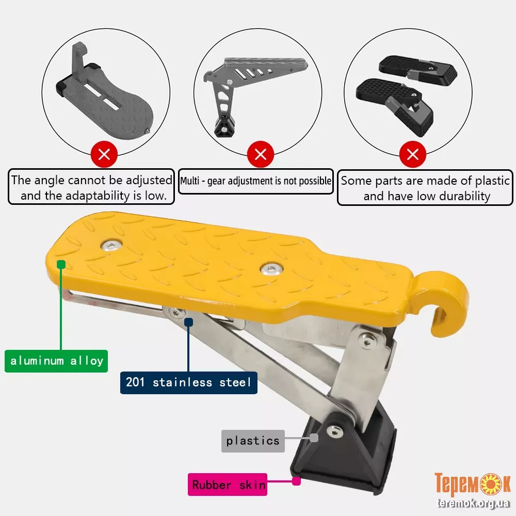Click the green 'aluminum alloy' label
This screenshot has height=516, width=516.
[56, 361]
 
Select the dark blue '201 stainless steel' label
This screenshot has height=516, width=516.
[188, 382]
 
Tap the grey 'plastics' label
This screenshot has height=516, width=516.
[253, 441]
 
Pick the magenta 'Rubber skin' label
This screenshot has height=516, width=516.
[228, 485]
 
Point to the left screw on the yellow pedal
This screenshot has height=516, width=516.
[111, 245]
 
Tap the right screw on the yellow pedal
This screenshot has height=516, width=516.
[271, 268]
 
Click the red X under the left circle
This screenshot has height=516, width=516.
[104, 154]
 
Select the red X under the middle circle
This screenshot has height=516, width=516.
[261, 154]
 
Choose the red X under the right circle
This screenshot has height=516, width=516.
[413, 154]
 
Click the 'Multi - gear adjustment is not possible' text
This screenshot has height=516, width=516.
[256, 181]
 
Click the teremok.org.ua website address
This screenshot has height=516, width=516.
[473, 503]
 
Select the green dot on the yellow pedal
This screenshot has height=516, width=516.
[61, 264]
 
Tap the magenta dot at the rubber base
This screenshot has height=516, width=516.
[297, 481]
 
